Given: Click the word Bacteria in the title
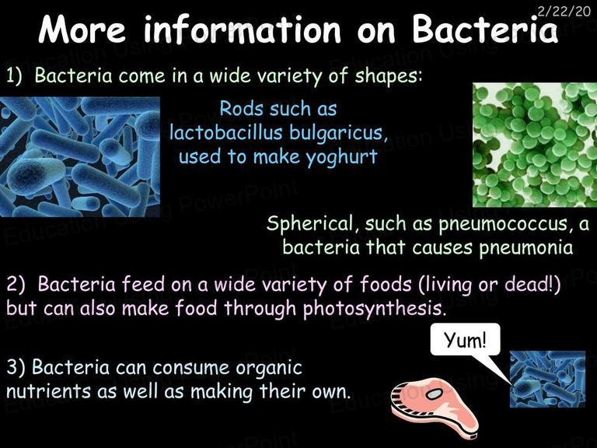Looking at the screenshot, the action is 485,30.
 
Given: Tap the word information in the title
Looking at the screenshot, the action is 242,30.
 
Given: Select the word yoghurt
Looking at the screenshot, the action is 341,157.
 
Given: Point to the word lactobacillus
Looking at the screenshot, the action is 226,132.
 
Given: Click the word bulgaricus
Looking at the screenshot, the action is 338,133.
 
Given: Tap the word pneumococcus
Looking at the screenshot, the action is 504,225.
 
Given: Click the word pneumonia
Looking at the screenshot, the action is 525,248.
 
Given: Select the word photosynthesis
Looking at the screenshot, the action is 374,309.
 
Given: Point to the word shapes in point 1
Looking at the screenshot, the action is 388,76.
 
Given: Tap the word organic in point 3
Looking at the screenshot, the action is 268,369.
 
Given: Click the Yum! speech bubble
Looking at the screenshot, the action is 466,339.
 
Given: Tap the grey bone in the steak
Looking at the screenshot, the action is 434,394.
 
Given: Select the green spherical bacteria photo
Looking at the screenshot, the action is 535,145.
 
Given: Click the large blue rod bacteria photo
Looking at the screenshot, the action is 79,156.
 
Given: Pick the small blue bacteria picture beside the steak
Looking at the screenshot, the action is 547,379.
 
